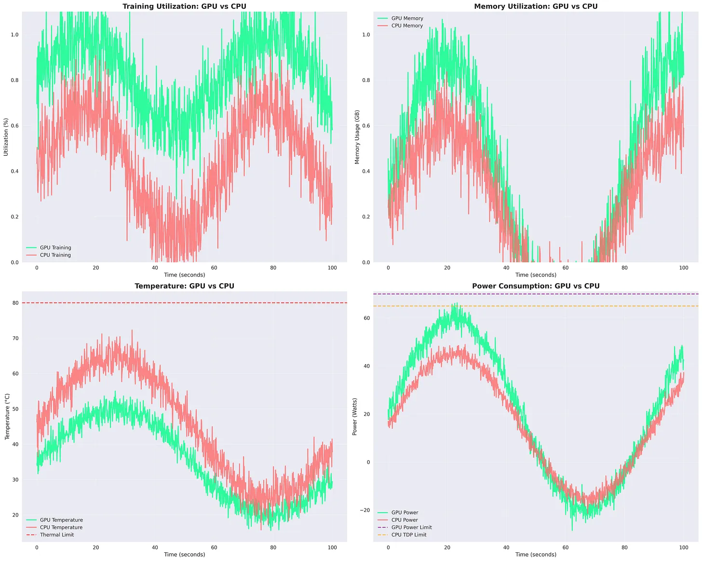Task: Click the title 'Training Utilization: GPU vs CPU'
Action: tap(184, 6)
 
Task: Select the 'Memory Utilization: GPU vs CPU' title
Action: tap(536, 6)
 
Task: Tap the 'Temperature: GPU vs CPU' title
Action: tap(184, 286)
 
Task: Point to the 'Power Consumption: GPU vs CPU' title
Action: tap(536, 286)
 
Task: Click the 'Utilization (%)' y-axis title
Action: tap(6, 137)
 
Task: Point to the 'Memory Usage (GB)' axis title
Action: tap(357, 137)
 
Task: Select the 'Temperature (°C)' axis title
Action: tap(7, 417)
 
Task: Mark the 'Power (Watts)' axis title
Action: tap(355, 417)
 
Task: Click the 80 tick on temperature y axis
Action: tap(16, 303)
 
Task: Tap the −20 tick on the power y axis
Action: tap(365, 510)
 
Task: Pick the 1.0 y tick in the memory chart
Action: tap(366, 35)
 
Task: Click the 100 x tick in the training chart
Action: tap(332, 268)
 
